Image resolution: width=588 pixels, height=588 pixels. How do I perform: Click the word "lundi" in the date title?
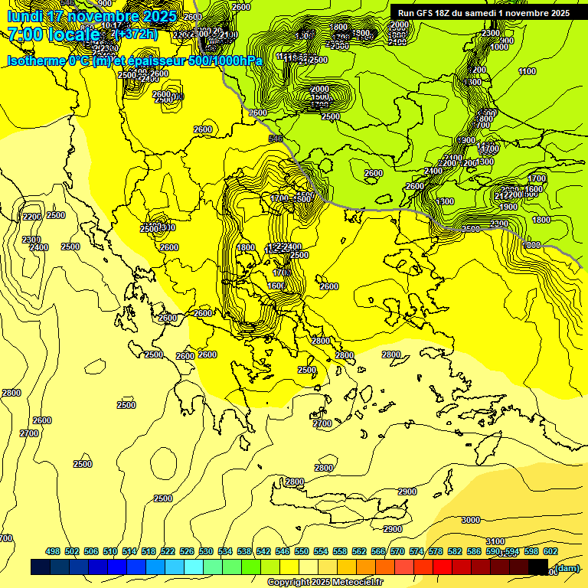pyautogui.click(x=25, y=16)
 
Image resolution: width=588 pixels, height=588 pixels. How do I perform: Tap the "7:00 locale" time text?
pyautogui.click(x=54, y=34)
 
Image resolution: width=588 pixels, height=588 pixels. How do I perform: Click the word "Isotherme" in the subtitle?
pyautogui.click(x=37, y=61)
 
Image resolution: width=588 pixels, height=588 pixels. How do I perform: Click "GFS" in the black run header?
pyautogui.click(x=432, y=13)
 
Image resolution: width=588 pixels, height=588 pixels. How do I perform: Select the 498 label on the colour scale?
pyautogui.click(x=53, y=551)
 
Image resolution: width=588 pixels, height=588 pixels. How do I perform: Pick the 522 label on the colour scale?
pyautogui.click(x=167, y=551)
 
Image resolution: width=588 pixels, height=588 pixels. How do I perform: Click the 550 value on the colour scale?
pyautogui.click(x=301, y=551)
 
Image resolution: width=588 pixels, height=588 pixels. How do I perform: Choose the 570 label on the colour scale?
pyautogui.click(x=397, y=551)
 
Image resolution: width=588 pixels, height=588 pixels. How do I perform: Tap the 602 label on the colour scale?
pyautogui.click(x=550, y=551)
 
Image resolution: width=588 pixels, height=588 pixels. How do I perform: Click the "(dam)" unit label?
pyautogui.click(x=567, y=567)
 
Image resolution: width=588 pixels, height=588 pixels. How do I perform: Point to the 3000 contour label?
pyautogui.click(x=471, y=520)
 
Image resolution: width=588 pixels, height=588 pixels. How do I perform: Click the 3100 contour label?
pyautogui.click(x=495, y=541)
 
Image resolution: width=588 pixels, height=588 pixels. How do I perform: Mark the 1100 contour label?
pyautogui.click(x=527, y=71)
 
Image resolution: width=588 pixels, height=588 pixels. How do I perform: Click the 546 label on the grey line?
pyautogui.click(x=276, y=139)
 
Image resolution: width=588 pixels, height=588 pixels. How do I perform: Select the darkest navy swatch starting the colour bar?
pyautogui.click(x=41, y=567)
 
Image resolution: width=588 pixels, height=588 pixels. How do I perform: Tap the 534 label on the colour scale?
pyautogui.click(x=224, y=551)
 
